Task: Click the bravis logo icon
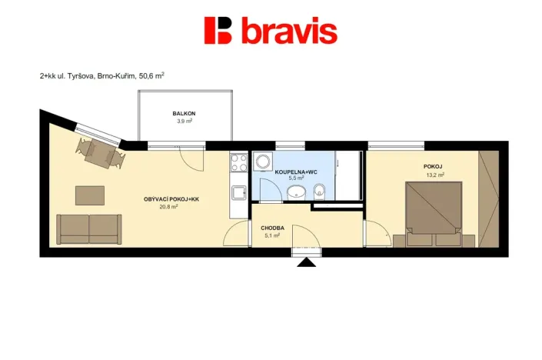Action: pyautogui.click(x=218, y=31)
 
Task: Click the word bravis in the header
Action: pyautogui.click(x=288, y=32)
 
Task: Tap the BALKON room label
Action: pyautogui.click(x=183, y=113)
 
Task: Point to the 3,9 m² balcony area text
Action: pyautogui.click(x=183, y=121)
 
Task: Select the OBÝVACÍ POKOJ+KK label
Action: pyautogui.click(x=171, y=199)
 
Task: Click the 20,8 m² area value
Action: pyautogui.click(x=168, y=207)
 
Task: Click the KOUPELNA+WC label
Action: pyautogui.click(x=297, y=171)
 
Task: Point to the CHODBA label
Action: pyautogui.click(x=272, y=228)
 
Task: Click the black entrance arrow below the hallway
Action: pyautogui.click(x=307, y=263)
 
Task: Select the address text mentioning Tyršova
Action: pyautogui.click(x=101, y=76)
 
